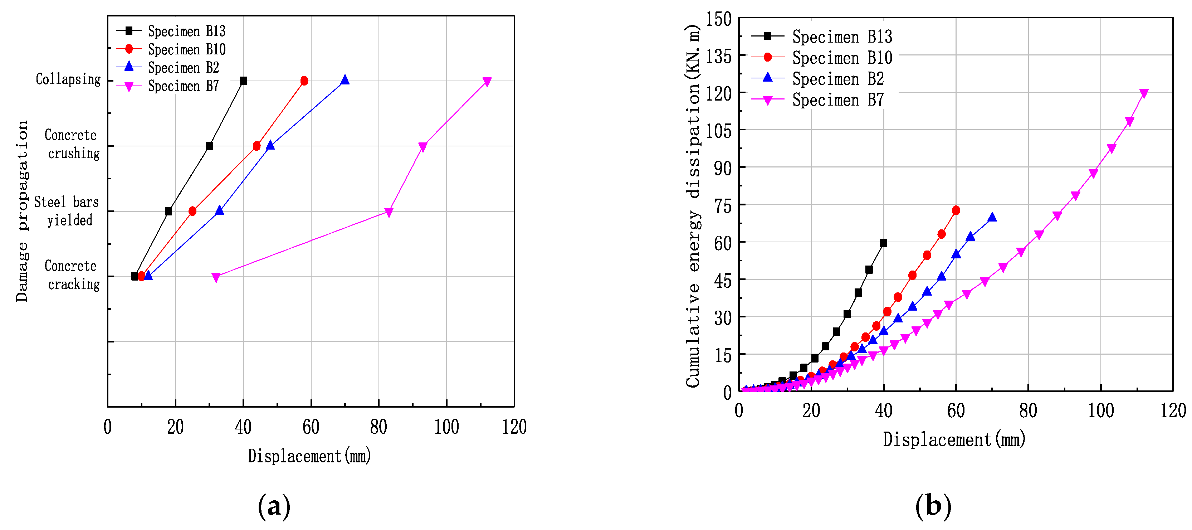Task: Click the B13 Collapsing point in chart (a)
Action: pyautogui.click(x=243, y=81)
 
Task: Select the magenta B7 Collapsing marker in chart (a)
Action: pyautogui.click(x=487, y=82)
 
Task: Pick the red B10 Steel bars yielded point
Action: pyautogui.click(x=192, y=211)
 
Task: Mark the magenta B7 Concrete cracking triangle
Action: pyautogui.click(x=216, y=277)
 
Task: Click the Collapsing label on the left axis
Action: pyautogui.click(x=68, y=79)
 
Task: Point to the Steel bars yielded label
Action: pyautogui.click(x=67, y=211)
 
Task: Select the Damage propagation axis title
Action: pyautogui.click(x=22, y=211)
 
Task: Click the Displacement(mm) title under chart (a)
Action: pyautogui.click(x=309, y=456)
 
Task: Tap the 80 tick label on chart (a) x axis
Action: pyautogui.click(x=378, y=427)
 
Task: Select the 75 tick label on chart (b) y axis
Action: pyautogui.click(x=722, y=206)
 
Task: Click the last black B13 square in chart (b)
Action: pyautogui.click(x=883, y=243)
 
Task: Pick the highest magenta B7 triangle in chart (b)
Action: pyautogui.click(x=1144, y=93)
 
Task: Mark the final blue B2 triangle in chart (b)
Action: pyautogui.click(x=992, y=218)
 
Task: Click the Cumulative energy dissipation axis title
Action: pyautogui.click(x=693, y=206)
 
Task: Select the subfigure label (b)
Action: pyautogui.click(x=933, y=506)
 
